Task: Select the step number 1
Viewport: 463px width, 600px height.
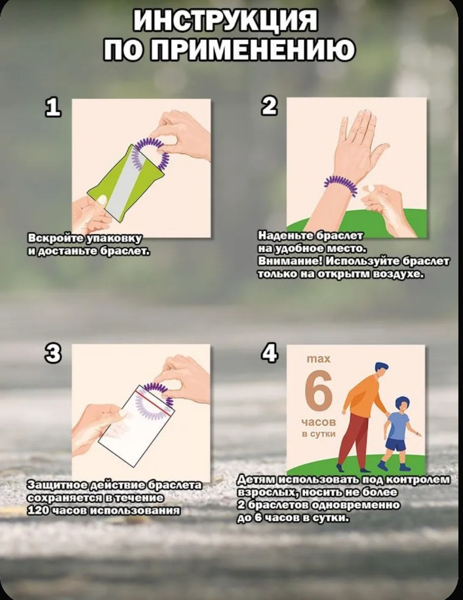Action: pos(53,107)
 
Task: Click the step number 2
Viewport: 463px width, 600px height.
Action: pos(270,106)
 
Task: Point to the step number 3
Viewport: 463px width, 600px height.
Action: pos(53,353)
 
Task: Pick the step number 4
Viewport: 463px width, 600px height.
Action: pos(270,353)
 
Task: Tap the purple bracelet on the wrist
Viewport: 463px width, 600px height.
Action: pos(341,184)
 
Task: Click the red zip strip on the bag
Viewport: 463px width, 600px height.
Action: pos(153,401)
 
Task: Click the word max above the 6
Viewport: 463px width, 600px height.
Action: pos(318,359)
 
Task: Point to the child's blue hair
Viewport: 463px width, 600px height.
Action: pos(402,404)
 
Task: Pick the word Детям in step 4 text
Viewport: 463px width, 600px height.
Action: pos(258,479)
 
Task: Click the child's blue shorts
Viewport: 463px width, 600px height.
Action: pos(395,445)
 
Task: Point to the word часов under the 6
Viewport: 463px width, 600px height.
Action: pos(318,422)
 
